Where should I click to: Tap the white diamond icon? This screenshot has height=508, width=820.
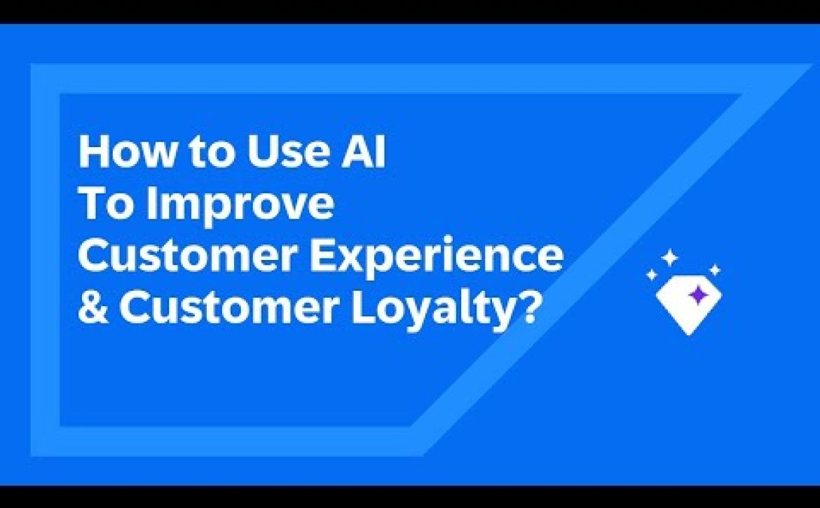pyautogui.click(x=688, y=308)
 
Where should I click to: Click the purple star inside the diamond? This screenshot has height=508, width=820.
pyautogui.click(x=697, y=295)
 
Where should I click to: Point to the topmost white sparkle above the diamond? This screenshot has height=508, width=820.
pyautogui.click(x=669, y=258)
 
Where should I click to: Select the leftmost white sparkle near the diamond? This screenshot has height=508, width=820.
pyautogui.click(x=652, y=275)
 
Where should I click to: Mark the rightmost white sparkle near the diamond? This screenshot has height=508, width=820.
pyautogui.click(x=714, y=270)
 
